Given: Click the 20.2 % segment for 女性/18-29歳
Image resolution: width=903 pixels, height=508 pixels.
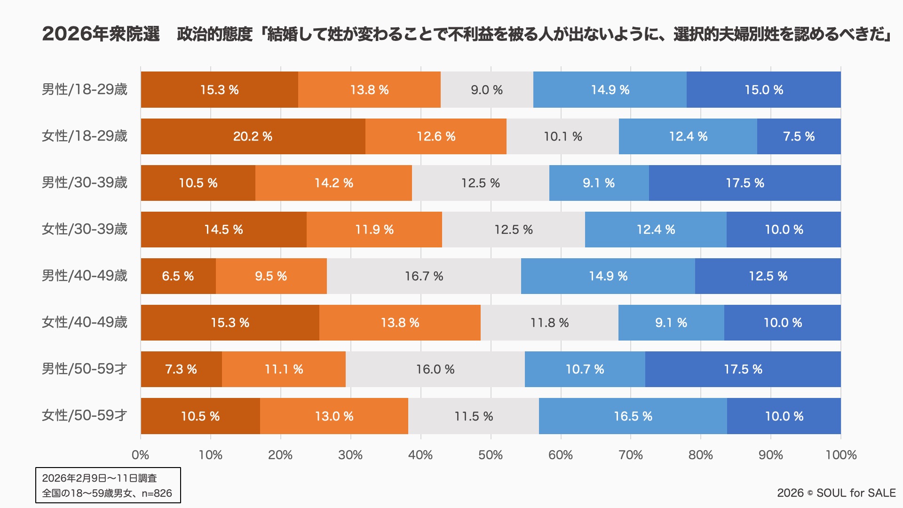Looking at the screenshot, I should tap(253, 136).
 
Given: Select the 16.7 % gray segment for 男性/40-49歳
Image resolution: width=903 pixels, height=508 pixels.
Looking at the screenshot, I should tap(424, 276).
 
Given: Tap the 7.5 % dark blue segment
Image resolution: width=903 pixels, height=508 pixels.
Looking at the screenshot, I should tap(799, 136).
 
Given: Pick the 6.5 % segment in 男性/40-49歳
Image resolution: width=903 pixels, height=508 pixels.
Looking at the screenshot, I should tap(178, 276).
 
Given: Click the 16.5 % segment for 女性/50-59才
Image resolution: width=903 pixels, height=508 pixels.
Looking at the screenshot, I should tap(633, 416).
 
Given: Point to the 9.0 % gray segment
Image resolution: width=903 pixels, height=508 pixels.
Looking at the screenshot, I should tap(487, 90).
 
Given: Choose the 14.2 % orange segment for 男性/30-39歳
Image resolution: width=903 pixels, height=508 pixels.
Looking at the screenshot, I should tap(333, 183).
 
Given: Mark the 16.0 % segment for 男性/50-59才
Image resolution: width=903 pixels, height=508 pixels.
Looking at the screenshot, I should tap(435, 369).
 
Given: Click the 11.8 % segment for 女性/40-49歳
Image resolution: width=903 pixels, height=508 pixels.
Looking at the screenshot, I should tap(549, 323).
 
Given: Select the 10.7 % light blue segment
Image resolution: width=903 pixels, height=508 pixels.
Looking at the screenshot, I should tap(585, 369).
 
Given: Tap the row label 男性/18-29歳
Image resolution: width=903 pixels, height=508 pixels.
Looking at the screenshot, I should tap(85, 89).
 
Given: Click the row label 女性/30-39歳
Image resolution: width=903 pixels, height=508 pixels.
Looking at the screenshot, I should tap(85, 229).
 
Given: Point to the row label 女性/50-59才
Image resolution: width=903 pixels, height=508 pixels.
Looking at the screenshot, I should tap(85, 415).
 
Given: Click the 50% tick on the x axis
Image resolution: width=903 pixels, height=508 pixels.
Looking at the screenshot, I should tap(491, 455).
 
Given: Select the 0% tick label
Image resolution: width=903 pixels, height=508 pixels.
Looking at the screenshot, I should tap(141, 455).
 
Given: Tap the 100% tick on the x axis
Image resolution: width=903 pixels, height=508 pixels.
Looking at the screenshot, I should tap(841, 455).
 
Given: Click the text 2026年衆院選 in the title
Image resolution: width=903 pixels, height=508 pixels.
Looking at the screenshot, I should tap(101, 34).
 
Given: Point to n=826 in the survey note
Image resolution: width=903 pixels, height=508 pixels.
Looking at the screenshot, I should tap(157, 493).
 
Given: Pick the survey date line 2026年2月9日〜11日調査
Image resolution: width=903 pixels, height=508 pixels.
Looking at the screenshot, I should tap(99, 478).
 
